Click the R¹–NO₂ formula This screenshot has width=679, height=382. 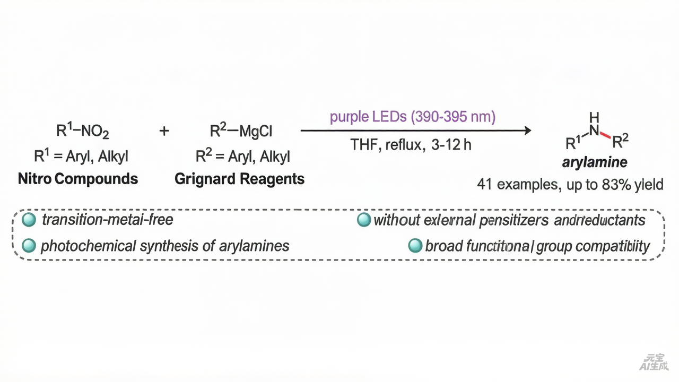(x=83, y=131)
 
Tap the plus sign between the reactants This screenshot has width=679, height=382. (x=164, y=131)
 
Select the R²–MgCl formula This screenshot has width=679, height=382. (x=241, y=131)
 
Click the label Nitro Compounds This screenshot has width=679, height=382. (x=78, y=179)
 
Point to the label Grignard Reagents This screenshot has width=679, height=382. (x=240, y=179)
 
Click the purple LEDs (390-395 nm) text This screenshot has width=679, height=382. (x=413, y=117)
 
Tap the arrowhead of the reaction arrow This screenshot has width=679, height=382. (x=527, y=131)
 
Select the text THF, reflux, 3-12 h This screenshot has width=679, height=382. (x=411, y=144)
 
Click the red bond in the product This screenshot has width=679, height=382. (x=606, y=135)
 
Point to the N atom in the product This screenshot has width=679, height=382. (x=594, y=130)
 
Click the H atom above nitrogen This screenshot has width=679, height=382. (x=594, y=117)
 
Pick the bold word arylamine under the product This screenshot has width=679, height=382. (x=594, y=162)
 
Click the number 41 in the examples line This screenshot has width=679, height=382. (x=484, y=185)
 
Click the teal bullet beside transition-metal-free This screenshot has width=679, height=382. (x=30, y=220)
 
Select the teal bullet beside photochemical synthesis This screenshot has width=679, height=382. (x=30, y=246)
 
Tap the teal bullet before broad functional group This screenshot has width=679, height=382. (x=415, y=246)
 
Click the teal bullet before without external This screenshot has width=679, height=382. (x=364, y=220)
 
